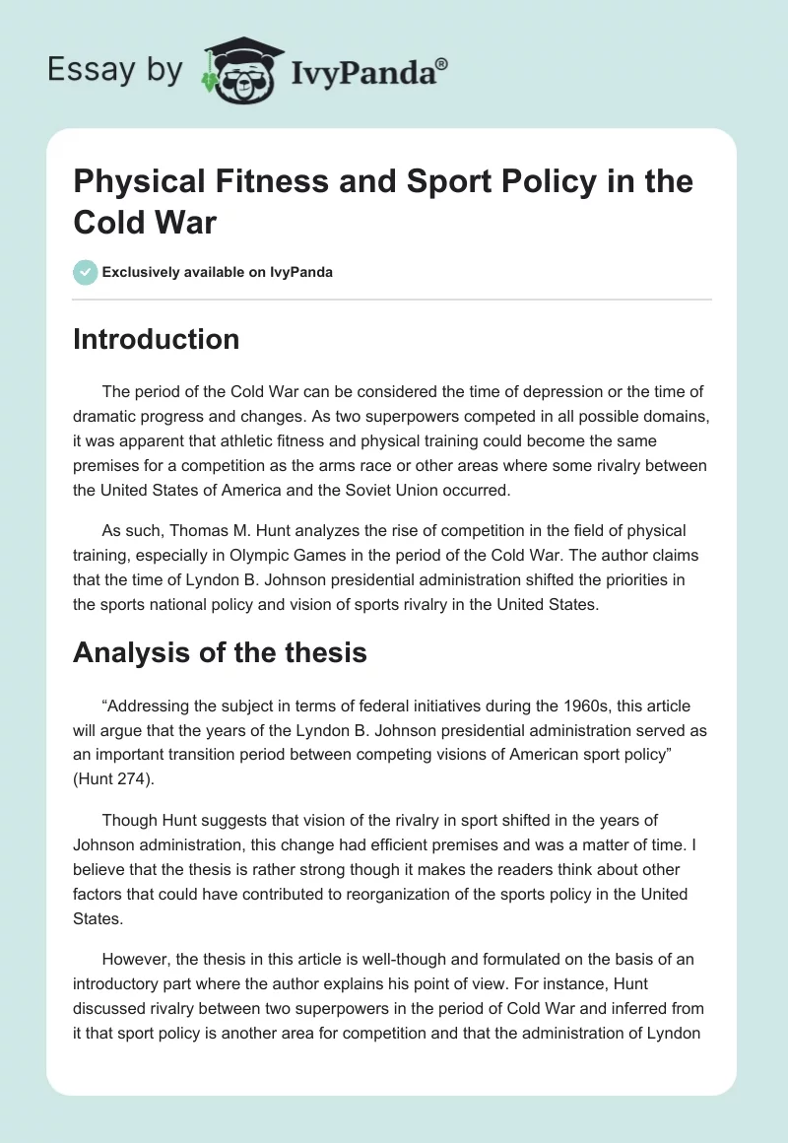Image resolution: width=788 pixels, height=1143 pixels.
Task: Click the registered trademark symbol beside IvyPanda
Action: click(x=442, y=64)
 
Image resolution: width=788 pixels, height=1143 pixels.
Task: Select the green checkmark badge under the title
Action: click(x=86, y=272)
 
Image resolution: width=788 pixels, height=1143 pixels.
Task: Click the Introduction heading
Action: click(x=156, y=339)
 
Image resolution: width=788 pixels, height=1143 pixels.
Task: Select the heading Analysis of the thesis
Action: click(x=220, y=651)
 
